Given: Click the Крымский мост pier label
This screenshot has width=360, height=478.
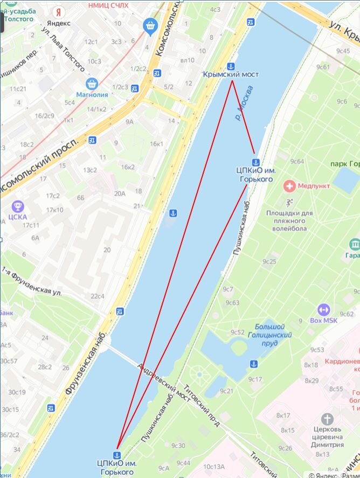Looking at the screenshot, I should [x=231, y=74].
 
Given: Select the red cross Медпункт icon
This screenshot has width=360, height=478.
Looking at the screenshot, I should [x=289, y=186].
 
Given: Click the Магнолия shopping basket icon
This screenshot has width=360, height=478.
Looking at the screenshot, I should [x=92, y=84].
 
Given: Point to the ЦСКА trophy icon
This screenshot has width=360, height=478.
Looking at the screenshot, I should [x=18, y=206].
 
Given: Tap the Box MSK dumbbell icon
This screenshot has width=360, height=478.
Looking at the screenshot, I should [x=323, y=309].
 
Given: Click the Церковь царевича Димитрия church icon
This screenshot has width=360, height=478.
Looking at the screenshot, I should [x=327, y=419].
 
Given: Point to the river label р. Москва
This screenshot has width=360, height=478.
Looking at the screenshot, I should [x=245, y=105].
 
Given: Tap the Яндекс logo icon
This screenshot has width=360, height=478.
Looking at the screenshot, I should [x=58, y=11].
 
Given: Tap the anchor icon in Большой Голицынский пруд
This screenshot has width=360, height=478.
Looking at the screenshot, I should [x=253, y=364].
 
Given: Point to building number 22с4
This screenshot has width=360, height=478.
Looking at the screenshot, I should [x=98, y=296].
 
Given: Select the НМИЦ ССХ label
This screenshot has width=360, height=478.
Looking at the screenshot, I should [x=112, y=4].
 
